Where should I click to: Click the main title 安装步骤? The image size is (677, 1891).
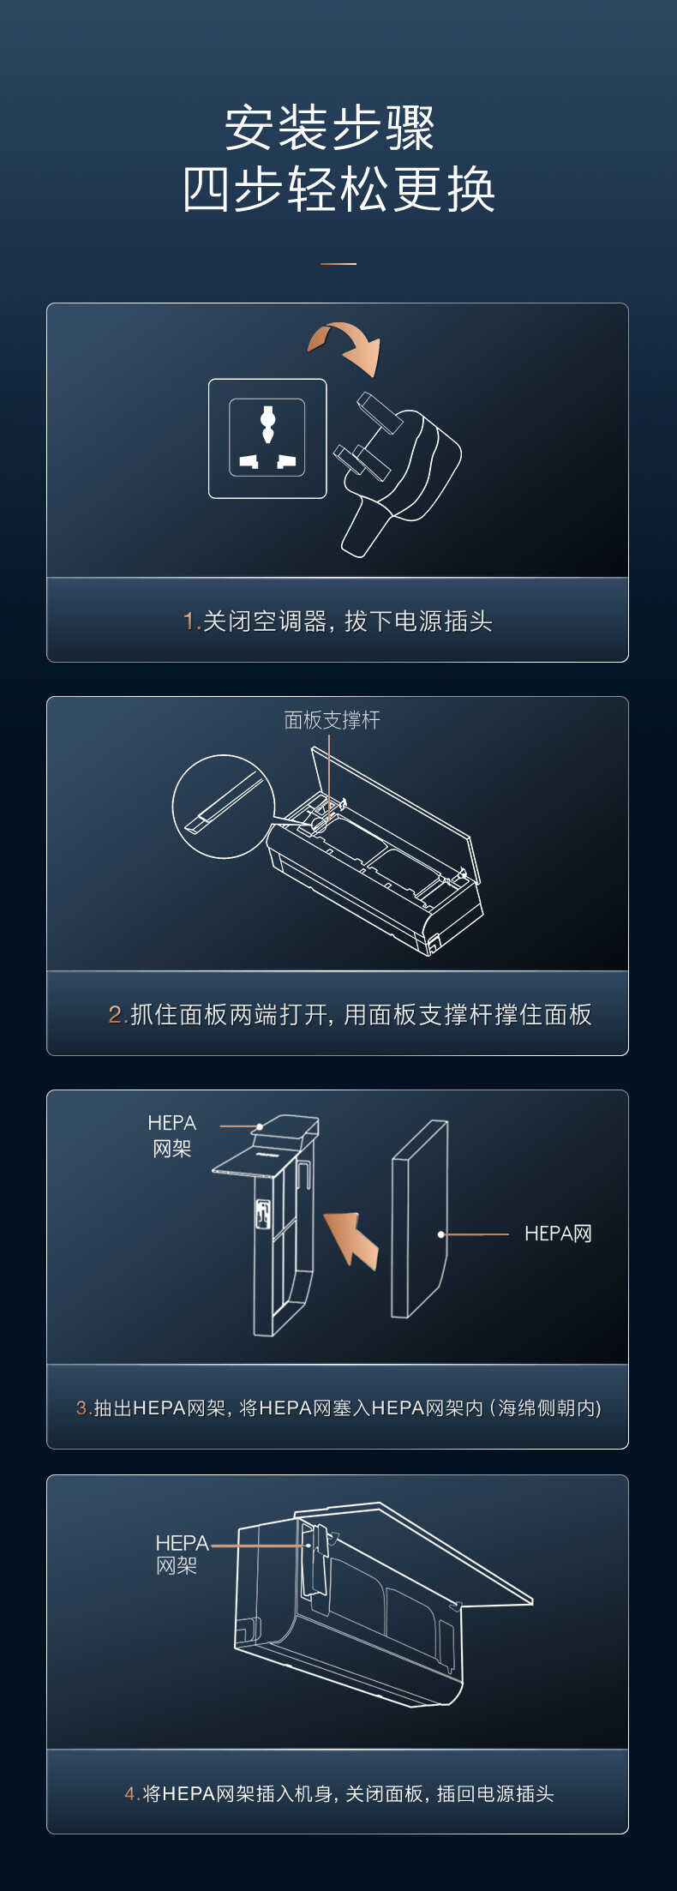pyautogui.click(x=330, y=129)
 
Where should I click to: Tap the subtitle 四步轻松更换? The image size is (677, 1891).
pyautogui.click(x=338, y=189)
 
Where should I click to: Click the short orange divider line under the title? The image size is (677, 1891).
pyautogui.click(x=338, y=264)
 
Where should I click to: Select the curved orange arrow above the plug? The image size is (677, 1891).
pyautogui.click(x=346, y=345)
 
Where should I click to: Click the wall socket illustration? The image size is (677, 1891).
pyautogui.click(x=267, y=438)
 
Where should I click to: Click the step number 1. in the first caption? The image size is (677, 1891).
pyautogui.click(x=191, y=621)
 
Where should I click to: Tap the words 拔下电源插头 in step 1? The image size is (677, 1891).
pyautogui.click(x=418, y=621)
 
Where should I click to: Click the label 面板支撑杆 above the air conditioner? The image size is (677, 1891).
pyautogui.click(x=332, y=720)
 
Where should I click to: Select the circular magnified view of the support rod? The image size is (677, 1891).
pyautogui.click(x=223, y=806)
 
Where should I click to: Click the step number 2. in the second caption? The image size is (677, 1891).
pyautogui.click(x=117, y=1015)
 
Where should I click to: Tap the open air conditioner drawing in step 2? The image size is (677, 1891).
pyautogui.click(x=377, y=866)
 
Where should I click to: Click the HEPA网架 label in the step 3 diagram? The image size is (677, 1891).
pyautogui.click(x=171, y=1136)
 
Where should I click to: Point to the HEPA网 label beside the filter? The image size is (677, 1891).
pyautogui.click(x=558, y=1234)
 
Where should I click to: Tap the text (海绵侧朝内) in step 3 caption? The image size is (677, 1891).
pyautogui.click(x=546, y=1408)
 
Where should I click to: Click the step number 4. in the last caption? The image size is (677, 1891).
pyautogui.click(x=132, y=1794)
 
